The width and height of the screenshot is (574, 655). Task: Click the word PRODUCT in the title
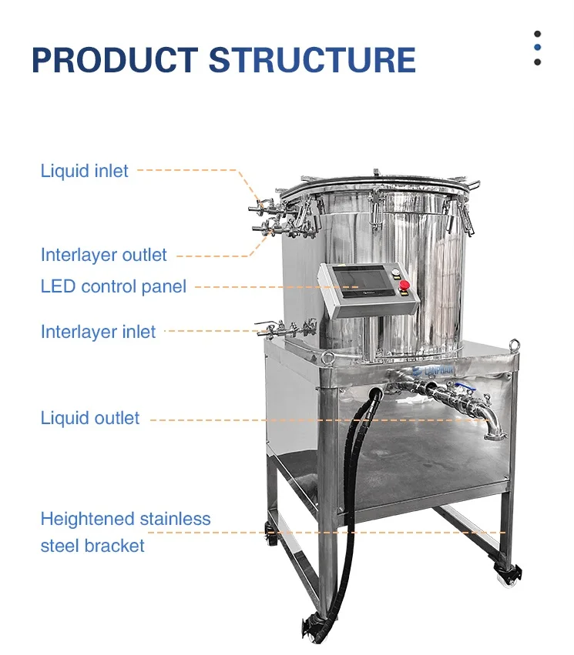pos(115,61)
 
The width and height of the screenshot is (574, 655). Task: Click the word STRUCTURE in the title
pos(312,61)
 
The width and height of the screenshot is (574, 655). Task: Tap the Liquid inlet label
pos(85,170)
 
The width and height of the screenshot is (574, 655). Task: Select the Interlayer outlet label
pos(104,255)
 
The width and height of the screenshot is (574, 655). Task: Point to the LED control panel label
pos(113,287)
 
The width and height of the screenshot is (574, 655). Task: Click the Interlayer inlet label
pos(98,332)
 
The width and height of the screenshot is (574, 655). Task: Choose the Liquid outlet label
pos(90,419)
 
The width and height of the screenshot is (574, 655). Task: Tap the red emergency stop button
pos(404,286)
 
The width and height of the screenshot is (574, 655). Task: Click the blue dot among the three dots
pos(537,48)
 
